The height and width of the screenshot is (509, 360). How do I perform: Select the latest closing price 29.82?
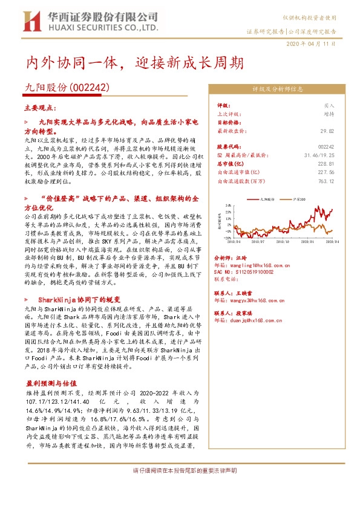pos(327,130)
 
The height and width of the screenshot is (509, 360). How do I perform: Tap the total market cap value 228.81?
pos(326,163)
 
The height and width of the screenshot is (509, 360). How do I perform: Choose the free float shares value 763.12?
pos(326,180)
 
